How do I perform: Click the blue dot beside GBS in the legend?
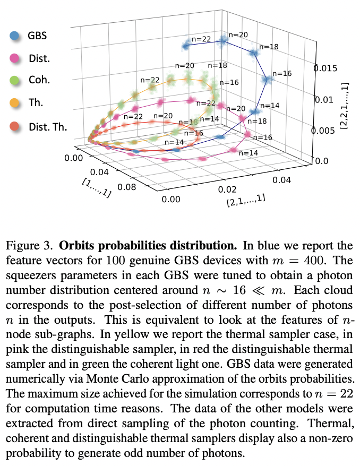click(x=15, y=36)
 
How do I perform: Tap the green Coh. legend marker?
click(x=15, y=81)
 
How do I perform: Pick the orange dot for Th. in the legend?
click(x=15, y=103)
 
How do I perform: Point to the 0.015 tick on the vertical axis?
click(x=325, y=68)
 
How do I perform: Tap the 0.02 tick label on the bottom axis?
click(x=226, y=189)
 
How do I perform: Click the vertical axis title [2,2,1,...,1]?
click(x=346, y=107)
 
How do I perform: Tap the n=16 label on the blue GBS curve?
click(x=282, y=73)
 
